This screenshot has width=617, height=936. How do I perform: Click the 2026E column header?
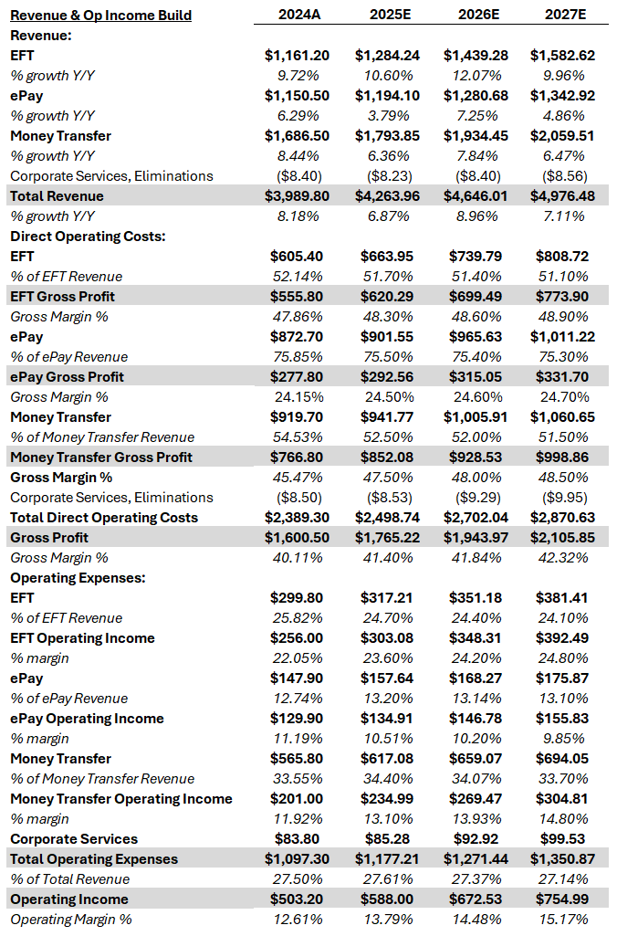pos(475,16)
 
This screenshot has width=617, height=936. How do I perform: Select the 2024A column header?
pos(297,16)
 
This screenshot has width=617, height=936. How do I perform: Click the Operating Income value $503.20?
pos(297,899)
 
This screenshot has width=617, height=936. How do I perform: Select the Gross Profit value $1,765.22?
pos(387,538)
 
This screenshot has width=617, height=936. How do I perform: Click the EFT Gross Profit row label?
pos(62,297)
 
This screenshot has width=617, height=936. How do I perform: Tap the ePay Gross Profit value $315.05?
pos(475,377)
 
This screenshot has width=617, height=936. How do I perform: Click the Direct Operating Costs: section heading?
pos(77,237)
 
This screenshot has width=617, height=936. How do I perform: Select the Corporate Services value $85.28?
pos(387,839)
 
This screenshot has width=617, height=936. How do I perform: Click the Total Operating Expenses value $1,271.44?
pos(475,859)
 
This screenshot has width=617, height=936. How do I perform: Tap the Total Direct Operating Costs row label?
pos(103,518)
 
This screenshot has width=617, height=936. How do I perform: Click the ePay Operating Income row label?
pos(87,719)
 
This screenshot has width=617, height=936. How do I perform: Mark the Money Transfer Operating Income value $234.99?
pos(387,799)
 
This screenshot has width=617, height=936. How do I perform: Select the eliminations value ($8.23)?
pos(387,176)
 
